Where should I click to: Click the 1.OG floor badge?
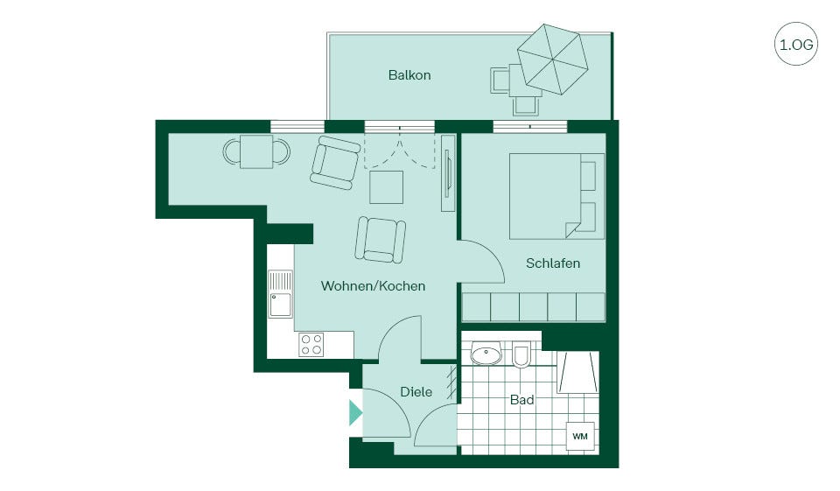796,44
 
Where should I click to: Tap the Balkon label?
409,75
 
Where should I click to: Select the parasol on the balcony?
552,59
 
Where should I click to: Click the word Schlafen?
553,263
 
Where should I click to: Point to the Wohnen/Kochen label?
373,285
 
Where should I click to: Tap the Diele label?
416,392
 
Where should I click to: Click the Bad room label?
521,400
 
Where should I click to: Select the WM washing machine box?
580,437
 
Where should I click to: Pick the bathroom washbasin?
486,354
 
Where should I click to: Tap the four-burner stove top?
311,344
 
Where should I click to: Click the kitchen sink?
281,294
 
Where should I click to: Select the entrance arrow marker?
355,413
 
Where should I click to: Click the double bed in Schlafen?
556,196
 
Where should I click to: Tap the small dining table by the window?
256,151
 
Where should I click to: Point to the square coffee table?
386,186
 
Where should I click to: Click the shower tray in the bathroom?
578,373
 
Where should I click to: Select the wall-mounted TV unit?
448,173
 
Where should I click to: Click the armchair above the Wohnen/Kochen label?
381,240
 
